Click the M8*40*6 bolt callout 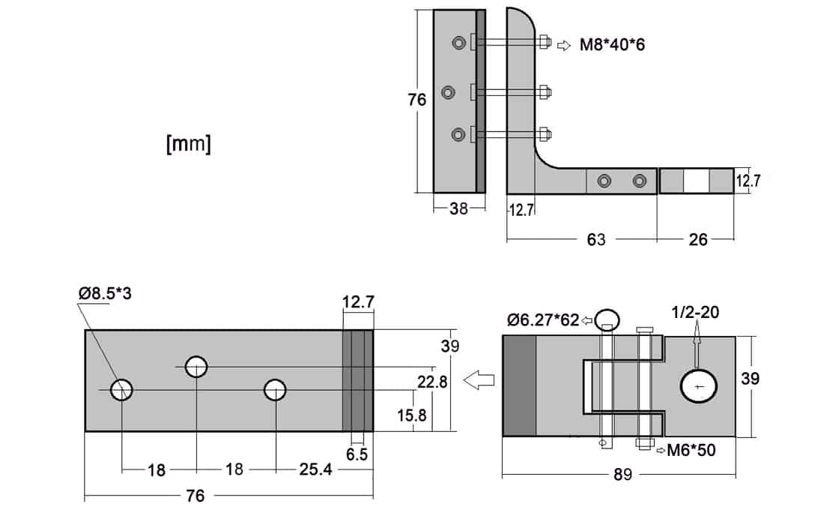(612, 45)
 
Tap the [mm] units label (188, 143)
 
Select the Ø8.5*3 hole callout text (104, 293)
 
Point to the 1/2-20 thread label (695, 312)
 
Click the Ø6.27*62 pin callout (542, 320)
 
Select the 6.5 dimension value (358, 454)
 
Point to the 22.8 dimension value (432, 382)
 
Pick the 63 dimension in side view (596, 240)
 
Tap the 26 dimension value (697, 240)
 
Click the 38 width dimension (458, 209)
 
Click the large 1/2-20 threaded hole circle (698, 386)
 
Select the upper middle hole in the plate (196, 367)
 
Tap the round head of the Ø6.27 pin (608, 319)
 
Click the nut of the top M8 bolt (544, 42)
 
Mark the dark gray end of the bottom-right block (518, 385)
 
